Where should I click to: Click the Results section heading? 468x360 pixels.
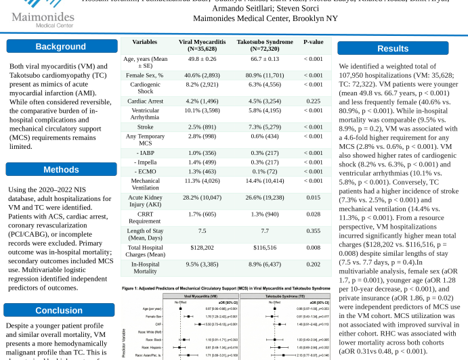[x=393, y=49]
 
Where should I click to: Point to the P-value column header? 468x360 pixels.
[x=313, y=42]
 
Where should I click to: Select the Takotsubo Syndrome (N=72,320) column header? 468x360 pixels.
[x=260, y=46]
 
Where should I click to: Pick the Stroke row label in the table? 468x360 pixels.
[x=145, y=127]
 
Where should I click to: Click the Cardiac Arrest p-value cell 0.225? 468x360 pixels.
[x=313, y=101]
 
